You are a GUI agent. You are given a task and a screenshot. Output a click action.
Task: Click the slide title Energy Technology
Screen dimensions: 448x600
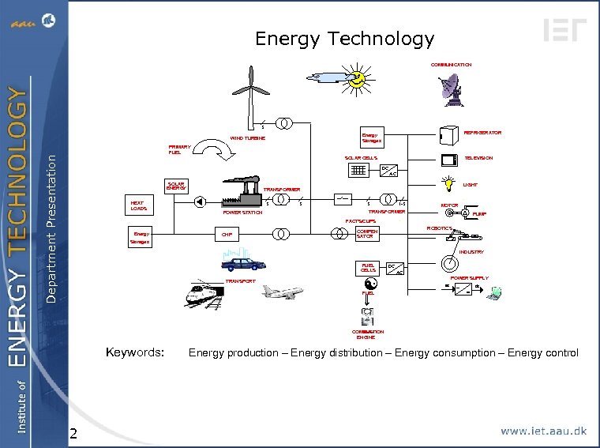(x=344, y=39)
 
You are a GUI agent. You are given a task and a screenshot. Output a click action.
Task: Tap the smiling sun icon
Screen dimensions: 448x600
(x=358, y=79)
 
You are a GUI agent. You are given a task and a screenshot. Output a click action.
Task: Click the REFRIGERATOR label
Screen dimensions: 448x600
(x=482, y=133)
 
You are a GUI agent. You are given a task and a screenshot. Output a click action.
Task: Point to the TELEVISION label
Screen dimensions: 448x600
(x=478, y=158)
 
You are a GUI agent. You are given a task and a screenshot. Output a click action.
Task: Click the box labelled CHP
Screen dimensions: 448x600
(x=227, y=235)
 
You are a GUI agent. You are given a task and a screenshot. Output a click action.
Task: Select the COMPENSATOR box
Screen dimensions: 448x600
(x=367, y=234)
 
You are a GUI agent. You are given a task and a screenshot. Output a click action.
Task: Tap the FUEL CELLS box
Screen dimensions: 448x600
(x=368, y=268)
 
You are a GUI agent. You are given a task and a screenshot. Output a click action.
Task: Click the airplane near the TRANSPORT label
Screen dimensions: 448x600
(x=282, y=292)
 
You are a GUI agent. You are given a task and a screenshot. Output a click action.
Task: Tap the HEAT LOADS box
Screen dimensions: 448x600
(x=138, y=205)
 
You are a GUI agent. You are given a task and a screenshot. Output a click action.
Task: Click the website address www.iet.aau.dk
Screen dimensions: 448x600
(x=544, y=431)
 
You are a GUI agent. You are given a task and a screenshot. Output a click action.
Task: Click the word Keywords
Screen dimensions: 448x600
(x=135, y=352)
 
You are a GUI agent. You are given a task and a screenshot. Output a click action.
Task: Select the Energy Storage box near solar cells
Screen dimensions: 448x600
(x=370, y=137)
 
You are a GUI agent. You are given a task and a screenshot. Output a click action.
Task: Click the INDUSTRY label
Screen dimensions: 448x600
(x=471, y=252)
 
